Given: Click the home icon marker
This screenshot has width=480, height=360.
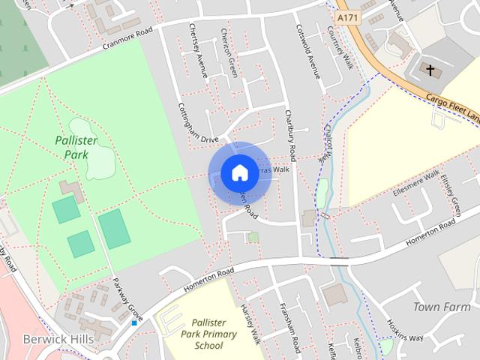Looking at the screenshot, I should pos(239,173).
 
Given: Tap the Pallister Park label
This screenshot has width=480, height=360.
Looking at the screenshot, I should pos(72,147).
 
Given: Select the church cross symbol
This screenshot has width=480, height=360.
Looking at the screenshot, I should pos(430,70).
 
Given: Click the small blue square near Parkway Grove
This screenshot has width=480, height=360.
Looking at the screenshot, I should pos(134,322).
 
